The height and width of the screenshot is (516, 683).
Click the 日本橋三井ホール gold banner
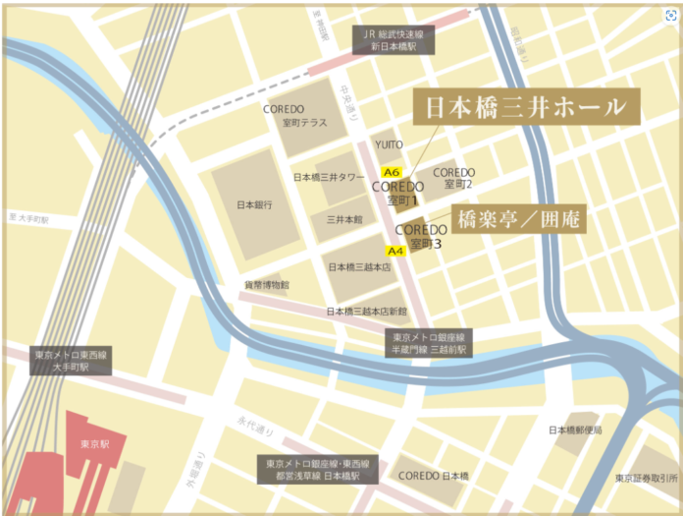coord(525,107)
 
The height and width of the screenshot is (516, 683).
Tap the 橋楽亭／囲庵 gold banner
coord(518,219)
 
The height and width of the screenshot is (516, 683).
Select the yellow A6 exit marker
coord(392,172)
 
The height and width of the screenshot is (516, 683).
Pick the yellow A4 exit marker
coord(394,250)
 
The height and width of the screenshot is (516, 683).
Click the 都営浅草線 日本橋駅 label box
coord(316,469)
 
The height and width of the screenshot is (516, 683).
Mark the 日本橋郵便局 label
coord(575,430)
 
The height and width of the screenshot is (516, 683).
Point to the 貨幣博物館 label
coord(267,284)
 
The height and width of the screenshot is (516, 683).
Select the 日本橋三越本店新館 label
coord(367,311)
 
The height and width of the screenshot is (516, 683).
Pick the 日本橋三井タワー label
coord(330,178)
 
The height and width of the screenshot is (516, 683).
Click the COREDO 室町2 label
coord(453,178)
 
